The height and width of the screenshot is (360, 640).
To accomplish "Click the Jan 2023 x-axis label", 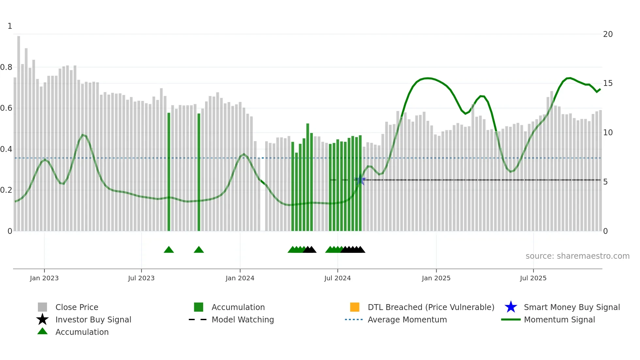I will [x=44, y=278].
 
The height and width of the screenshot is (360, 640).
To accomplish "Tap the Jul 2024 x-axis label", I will [x=337, y=278].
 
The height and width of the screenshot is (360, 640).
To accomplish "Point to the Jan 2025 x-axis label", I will [x=436, y=278].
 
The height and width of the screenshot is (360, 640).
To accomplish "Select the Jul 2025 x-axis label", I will [x=533, y=278].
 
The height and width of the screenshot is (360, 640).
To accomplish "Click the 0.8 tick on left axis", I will [x=6, y=67].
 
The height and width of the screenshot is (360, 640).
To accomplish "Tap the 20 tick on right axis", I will [x=608, y=34].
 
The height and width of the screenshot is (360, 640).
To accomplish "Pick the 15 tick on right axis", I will [x=608, y=83].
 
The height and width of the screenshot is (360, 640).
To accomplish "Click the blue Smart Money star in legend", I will [x=511, y=307].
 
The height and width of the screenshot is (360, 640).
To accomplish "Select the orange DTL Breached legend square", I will [x=355, y=307].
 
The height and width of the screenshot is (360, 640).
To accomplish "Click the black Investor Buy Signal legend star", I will [x=42, y=319].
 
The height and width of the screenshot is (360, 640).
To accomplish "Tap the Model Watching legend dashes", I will [x=198, y=319].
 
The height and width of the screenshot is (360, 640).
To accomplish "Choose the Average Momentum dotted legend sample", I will [x=354, y=319].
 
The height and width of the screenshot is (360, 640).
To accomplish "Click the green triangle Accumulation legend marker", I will [x=42, y=331].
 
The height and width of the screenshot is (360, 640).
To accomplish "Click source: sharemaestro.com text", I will [x=577, y=256].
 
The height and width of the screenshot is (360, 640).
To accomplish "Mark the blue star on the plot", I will [x=360, y=180].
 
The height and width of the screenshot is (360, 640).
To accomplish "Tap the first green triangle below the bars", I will [x=169, y=250].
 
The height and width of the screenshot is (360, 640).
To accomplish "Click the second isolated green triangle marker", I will [x=199, y=250].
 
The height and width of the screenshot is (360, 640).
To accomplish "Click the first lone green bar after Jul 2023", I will [x=169, y=172].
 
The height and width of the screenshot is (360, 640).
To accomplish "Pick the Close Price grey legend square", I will [x=42, y=307].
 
